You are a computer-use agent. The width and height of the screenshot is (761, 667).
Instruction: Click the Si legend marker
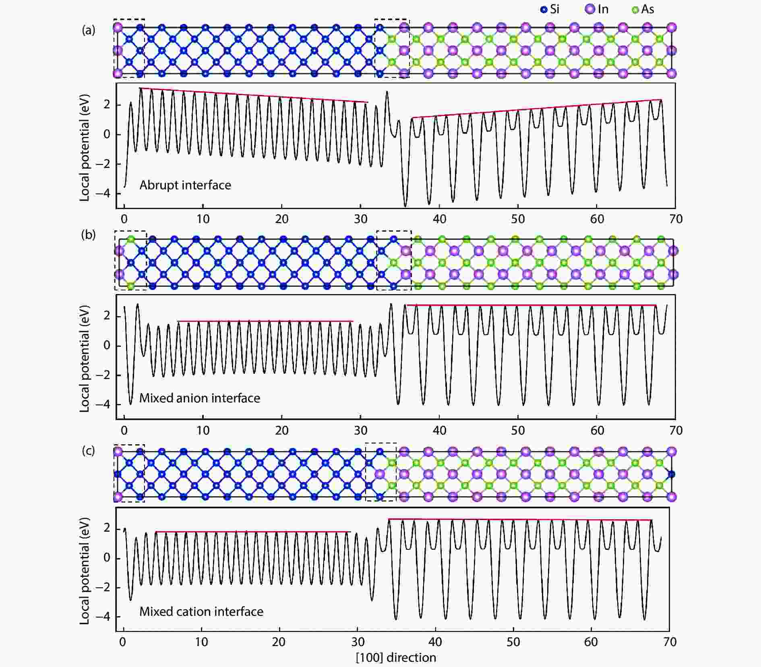tap(544, 10)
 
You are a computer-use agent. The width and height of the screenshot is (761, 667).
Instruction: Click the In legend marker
tap(589, 9)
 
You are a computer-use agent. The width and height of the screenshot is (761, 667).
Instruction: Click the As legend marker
tap(635, 10)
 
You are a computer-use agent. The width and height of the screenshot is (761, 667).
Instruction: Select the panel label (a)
tap(88, 30)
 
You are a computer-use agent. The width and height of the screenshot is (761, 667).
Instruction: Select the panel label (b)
tap(88, 235)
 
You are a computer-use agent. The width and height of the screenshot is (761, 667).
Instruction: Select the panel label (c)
tap(88, 450)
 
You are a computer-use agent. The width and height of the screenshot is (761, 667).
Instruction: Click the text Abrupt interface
tap(185, 185)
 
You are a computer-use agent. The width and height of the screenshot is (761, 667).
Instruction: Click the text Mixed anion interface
tap(200, 398)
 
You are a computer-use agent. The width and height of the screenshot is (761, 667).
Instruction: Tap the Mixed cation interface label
tap(201, 611)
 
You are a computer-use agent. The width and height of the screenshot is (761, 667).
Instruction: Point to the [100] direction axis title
tap(396, 658)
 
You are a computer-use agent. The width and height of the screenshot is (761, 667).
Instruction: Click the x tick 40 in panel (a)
tap(439, 219)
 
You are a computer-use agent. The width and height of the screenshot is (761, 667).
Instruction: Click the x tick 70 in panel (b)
tap(676, 431)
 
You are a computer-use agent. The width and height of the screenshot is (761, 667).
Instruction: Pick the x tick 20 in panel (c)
tap(279, 642)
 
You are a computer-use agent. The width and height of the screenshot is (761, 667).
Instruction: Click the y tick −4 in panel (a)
tap(103, 193)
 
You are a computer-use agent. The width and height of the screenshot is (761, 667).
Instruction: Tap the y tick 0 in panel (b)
tap(107, 346)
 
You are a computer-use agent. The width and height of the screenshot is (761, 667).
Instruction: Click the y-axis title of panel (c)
tap(84, 571)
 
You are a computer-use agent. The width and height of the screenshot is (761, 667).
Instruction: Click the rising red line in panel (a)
tap(536, 109)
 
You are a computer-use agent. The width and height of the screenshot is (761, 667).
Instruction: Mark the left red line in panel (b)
tap(265, 321)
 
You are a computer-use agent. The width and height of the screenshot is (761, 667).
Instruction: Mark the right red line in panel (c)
tap(519, 520)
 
